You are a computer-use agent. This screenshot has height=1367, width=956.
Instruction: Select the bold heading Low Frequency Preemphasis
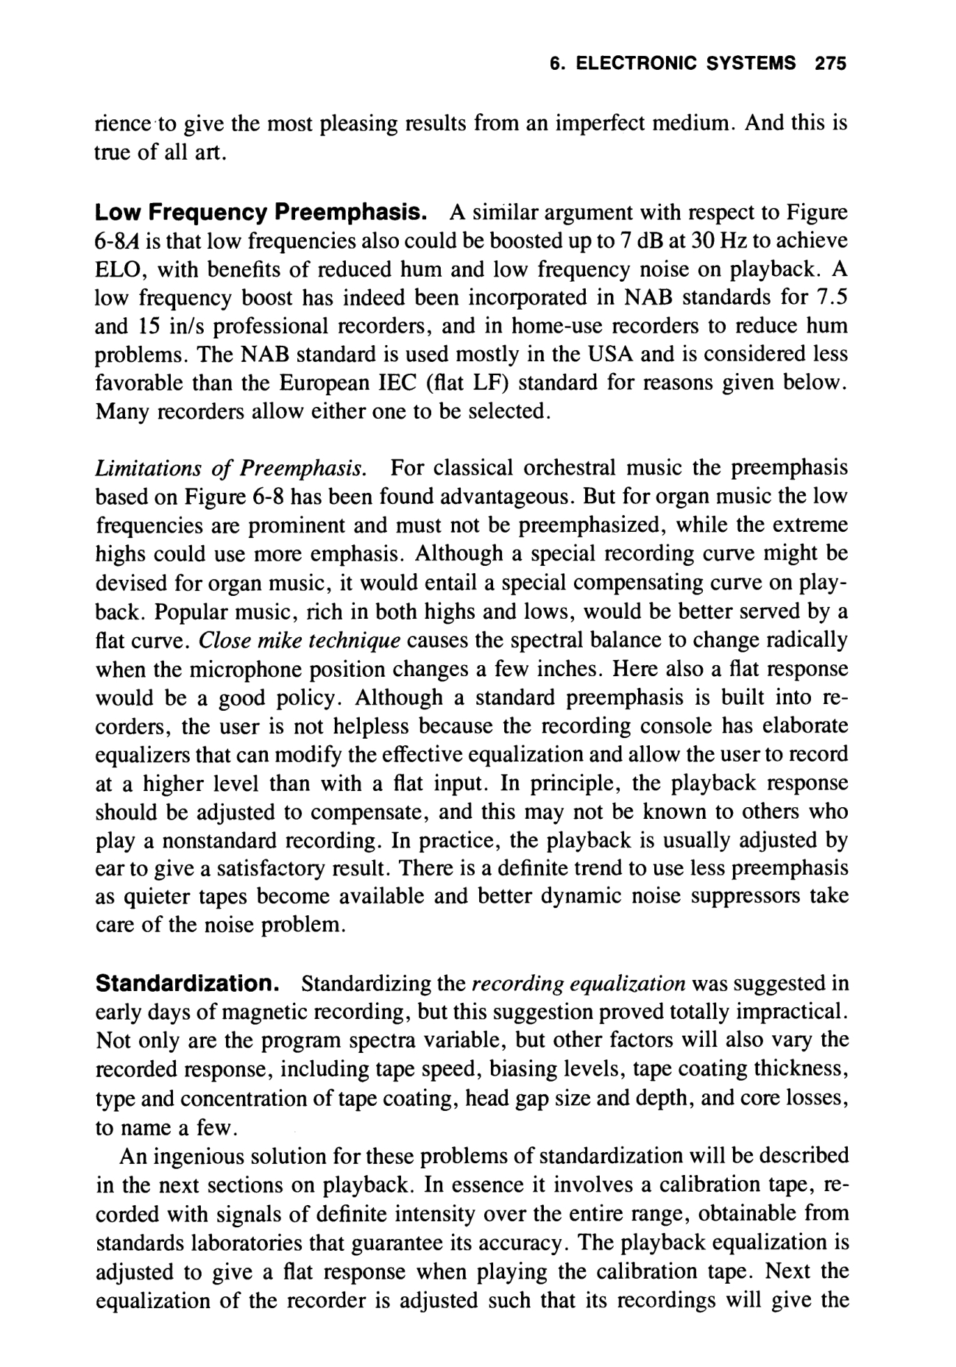[x=263, y=213]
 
